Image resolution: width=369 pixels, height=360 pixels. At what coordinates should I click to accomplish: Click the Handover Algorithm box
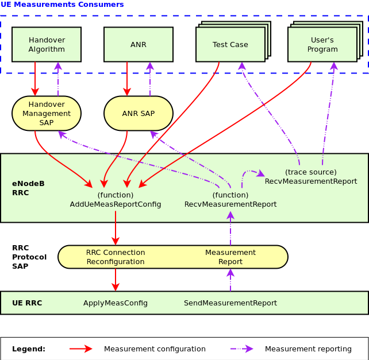click(x=47, y=44)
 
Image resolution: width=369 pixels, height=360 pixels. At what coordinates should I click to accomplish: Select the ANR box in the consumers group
click(x=139, y=44)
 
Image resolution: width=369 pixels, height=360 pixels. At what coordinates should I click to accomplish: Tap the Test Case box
click(x=230, y=44)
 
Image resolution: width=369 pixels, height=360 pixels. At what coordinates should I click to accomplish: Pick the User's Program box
click(x=322, y=44)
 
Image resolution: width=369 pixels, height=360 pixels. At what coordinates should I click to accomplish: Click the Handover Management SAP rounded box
click(x=47, y=113)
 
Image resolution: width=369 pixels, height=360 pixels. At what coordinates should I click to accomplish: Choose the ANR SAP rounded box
click(x=139, y=113)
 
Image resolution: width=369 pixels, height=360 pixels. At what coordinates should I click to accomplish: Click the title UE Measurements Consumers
click(x=62, y=5)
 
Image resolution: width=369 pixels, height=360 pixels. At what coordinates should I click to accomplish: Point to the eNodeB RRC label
click(x=28, y=188)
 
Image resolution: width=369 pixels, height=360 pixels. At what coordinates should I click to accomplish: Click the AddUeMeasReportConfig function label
click(x=116, y=204)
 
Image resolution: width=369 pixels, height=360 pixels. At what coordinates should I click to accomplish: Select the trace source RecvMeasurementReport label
click(x=311, y=177)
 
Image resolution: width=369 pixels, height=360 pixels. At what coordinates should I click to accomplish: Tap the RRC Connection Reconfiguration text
click(x=116, y=257)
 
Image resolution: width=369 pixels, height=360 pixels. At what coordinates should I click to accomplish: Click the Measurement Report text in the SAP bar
click(x=230, y=257)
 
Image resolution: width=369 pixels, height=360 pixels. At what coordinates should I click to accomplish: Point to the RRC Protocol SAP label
click(x=29, y=257)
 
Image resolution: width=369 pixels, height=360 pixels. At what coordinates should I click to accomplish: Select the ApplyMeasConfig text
click(x=116, y=303)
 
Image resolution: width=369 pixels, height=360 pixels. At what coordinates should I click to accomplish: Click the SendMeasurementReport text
click(x=230, y=303)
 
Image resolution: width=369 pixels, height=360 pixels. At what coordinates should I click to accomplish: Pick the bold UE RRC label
click(x=27, y=303)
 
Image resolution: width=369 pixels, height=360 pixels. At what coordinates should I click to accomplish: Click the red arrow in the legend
click(x=80, y=349)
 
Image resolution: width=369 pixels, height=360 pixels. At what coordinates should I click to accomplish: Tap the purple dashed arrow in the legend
click(x=241, y=349)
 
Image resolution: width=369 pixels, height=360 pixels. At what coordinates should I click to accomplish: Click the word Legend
click(x=29, y=349)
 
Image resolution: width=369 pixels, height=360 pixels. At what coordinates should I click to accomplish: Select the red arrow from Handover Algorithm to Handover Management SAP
click(x=35, y=79)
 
